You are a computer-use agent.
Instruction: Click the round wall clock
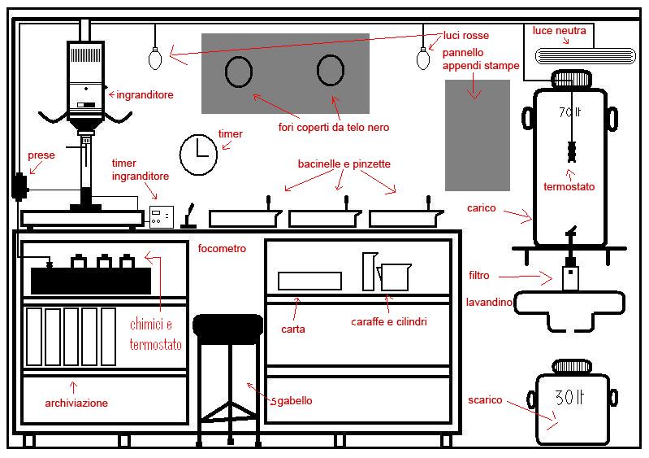click(198, 155)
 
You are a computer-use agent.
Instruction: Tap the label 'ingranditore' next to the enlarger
click(145, 95)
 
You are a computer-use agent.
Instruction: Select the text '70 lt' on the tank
click(571, 113)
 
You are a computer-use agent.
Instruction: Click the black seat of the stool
click(228, 326)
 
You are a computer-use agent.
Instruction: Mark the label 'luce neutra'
click(559, 31)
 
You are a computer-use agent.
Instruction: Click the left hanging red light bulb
click(154, 59)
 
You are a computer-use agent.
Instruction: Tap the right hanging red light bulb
click(422, 59)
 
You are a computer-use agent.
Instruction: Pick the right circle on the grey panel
click(330, 72)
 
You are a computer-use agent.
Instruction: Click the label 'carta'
click(292, 329)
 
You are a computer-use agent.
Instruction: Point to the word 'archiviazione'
click(76, 403)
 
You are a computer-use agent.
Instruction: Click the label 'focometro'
click(222, 248)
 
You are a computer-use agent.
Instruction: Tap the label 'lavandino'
click(489, 303)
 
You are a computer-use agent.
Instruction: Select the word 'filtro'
click(478, 276)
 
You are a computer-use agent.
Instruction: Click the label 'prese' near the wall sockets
click(41, 155)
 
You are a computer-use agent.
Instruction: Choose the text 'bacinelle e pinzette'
click(344, 164)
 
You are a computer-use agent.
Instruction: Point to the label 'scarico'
click(485, 400)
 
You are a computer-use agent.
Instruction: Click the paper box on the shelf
click(309, 281)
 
